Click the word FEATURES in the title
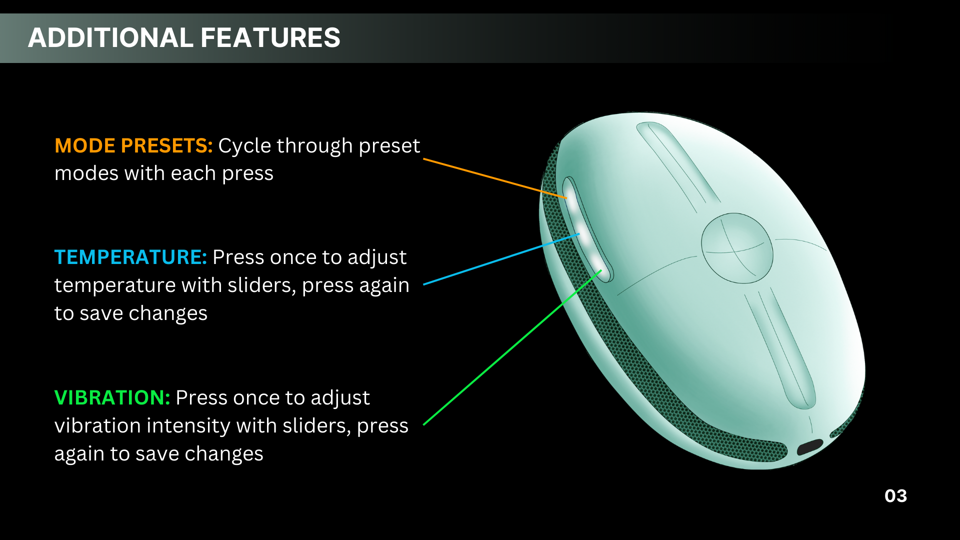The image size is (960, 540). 270,38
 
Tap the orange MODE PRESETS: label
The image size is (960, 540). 133,145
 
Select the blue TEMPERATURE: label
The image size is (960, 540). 130,257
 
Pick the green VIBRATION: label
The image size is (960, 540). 112,397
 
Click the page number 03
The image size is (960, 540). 895,496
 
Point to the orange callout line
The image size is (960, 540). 495,178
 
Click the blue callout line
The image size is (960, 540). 501,259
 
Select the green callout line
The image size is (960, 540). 512,347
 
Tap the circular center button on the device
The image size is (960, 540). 737,248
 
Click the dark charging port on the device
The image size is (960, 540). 810,446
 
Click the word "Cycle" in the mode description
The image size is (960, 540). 244,146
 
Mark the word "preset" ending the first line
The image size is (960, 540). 389,146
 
